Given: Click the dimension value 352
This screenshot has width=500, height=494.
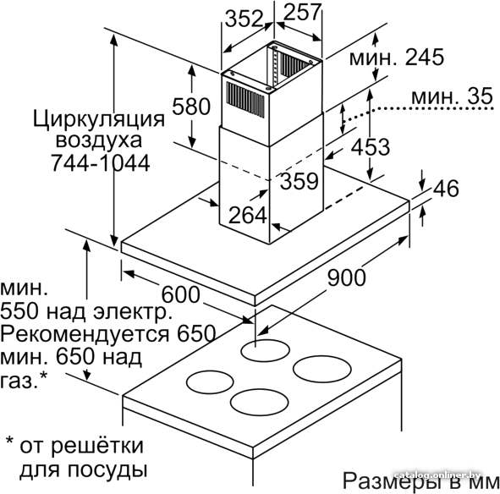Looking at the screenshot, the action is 244,19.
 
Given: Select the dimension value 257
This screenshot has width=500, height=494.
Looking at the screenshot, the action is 302,12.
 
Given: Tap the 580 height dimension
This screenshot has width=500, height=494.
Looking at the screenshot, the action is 191,107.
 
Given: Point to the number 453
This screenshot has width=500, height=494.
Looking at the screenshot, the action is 371,147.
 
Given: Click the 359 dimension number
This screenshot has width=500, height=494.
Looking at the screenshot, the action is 299,180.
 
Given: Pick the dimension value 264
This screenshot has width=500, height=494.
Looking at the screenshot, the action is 248,215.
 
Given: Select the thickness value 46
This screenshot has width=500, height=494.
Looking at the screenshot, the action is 446,188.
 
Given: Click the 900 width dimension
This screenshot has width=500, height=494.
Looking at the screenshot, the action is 347,277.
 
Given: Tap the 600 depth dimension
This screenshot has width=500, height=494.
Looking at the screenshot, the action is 181,294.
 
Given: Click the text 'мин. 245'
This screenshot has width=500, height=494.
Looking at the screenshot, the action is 397,58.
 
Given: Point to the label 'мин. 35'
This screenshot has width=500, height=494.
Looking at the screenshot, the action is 452,96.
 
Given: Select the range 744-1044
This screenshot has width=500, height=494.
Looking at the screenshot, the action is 101,163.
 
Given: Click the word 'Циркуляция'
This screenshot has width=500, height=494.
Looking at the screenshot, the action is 99,119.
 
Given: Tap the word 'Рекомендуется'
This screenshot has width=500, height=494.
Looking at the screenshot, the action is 85,334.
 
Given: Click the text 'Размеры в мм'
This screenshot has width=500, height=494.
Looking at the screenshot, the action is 421,480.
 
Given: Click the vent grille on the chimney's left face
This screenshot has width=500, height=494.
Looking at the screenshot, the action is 245,100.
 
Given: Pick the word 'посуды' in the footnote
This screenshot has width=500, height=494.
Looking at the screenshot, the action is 107,469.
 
